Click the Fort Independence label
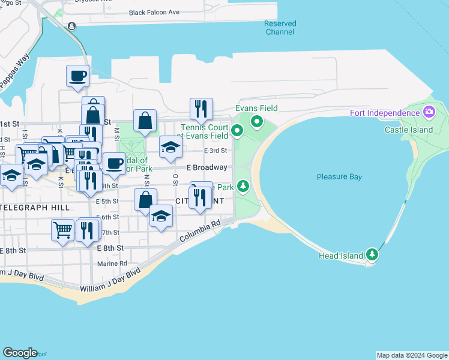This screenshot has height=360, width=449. (x=385, y=113)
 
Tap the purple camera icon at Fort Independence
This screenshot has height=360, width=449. (x=429, y=112)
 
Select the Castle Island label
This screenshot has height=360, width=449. (x=409, y=130)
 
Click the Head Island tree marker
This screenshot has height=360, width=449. (x=373, y=254)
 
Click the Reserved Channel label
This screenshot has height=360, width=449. (x=280, y=28)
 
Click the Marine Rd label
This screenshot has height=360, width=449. (x=112, y=263)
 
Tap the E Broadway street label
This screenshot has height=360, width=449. (x=206, y=167)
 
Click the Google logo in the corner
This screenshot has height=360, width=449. (x=20, y=353)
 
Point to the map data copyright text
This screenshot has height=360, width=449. (x=412, y=355)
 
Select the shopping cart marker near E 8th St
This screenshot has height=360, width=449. (x=62, y=229)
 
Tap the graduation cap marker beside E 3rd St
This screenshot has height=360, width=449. (x=170, y=147)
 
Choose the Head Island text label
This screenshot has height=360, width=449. (x=341, y=256)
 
